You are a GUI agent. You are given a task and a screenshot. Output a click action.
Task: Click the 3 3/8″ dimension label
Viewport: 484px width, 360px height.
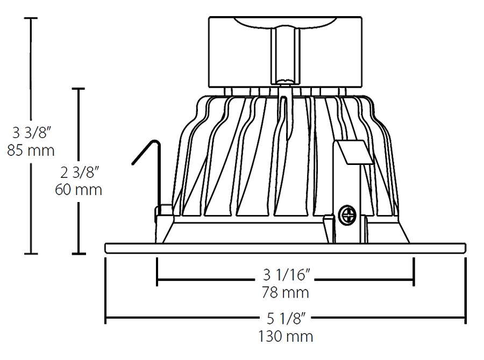(x=31, y=132)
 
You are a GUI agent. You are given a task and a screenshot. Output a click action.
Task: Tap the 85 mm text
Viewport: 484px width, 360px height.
(x=31, y=150)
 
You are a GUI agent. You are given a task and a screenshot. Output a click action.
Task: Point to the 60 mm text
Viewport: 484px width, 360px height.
(x=79, y=190)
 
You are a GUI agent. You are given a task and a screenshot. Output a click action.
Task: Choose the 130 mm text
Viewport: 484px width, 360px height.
(x=285, y=337)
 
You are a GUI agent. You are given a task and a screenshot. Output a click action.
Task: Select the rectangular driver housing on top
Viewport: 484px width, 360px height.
(x=284, y=52)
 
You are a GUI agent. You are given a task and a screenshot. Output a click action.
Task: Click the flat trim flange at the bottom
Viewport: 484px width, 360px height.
(x=284, y=248)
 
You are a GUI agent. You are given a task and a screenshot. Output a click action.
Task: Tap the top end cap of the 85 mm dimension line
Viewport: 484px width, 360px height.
(x=31, y=18)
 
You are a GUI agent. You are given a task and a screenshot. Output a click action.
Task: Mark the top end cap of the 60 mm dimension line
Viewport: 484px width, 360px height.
(x=79, y=88)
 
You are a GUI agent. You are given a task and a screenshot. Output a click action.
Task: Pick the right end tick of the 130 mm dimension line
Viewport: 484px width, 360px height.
(x=465, y=317)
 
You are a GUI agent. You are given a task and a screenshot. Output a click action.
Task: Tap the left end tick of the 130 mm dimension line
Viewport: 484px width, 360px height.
(x=105, y=317)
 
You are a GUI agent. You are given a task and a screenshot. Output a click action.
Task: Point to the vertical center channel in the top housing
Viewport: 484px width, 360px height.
(x=284, y=54)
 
